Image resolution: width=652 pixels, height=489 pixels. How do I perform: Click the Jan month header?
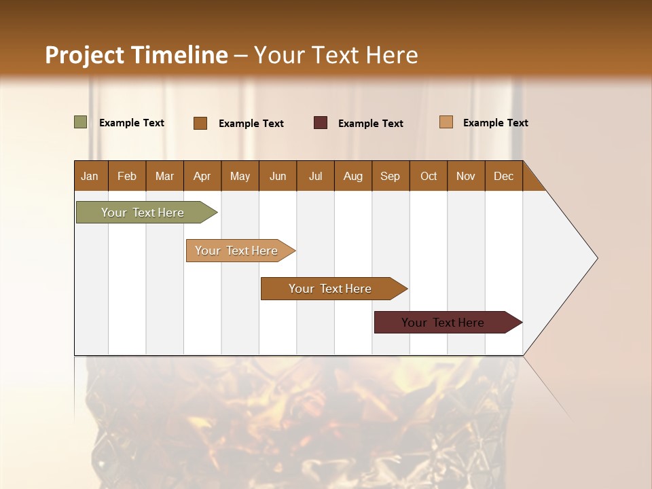click(90, 176)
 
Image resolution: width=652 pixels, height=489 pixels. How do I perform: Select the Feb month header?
click(127, 176)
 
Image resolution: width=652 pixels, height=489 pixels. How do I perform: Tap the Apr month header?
click(202, 176)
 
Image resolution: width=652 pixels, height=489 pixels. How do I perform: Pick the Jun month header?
click(278, 176)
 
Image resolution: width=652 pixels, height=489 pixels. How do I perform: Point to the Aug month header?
click(352, 176)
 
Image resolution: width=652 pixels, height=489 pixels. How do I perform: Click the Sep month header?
click(390, 176)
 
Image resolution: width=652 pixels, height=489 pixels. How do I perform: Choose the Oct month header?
click(429, 176)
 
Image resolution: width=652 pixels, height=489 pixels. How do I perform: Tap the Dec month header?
click(503, 176)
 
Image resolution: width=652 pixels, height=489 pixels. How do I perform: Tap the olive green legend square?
click(81, 122)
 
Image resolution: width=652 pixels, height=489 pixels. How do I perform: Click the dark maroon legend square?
click(321, 123)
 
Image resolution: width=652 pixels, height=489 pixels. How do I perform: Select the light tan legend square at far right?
click(446, 122)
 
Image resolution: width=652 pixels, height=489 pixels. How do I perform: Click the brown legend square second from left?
click(200, 123)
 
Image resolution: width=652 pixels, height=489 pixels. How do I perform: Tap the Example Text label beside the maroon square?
click(370, 124)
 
